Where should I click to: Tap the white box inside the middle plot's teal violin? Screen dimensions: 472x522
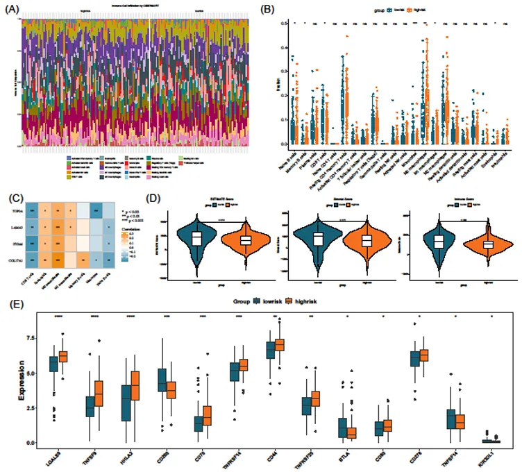[317, 239]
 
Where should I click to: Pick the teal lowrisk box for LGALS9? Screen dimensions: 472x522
[53, 364]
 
